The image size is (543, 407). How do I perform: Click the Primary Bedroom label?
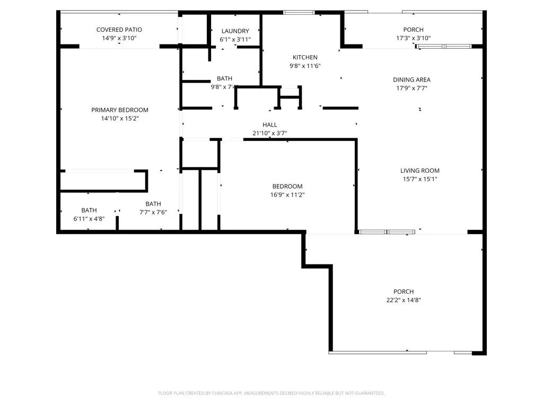119,110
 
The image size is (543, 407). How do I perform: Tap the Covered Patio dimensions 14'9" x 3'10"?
119,38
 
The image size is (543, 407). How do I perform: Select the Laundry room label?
235,31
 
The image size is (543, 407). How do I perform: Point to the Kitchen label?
305,57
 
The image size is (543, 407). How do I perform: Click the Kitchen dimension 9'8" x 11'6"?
305,66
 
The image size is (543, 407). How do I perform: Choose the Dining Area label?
411,80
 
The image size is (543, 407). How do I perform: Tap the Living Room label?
419,171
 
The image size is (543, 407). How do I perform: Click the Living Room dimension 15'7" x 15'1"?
419,179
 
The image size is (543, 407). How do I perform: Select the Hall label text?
270,125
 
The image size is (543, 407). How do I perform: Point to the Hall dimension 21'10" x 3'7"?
270,134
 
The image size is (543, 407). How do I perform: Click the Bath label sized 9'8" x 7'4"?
224,78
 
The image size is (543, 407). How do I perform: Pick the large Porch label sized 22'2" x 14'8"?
404,291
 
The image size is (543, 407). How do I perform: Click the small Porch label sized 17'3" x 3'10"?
413,30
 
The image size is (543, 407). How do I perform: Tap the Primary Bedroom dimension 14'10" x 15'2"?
119,119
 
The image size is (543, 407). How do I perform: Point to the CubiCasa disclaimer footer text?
271,393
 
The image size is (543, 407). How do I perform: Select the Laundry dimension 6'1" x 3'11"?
235,40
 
